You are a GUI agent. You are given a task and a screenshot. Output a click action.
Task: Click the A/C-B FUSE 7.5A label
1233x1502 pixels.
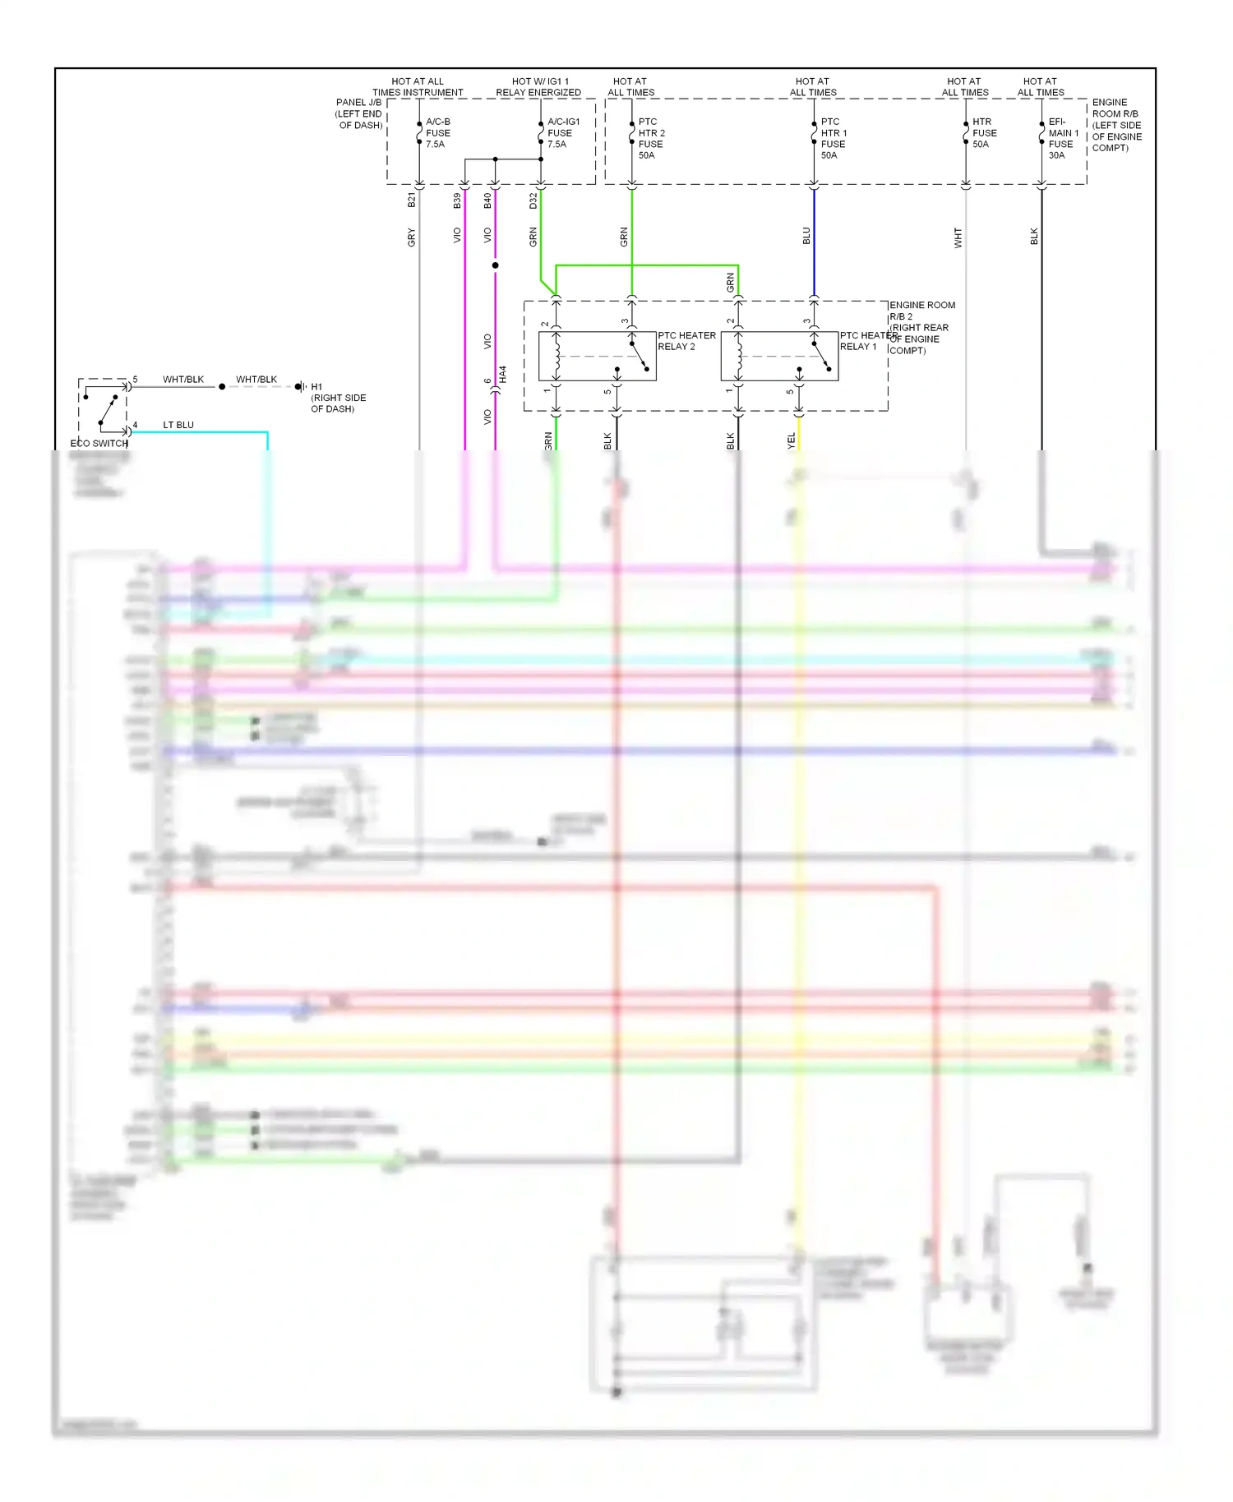click(437, 133)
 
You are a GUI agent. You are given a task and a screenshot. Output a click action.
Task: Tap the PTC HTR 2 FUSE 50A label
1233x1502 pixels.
click(651, 138)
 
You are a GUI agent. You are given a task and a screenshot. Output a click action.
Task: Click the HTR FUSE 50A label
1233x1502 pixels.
click(984, 133)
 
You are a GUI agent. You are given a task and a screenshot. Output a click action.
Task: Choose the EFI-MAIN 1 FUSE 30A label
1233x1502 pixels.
click(1062, 138)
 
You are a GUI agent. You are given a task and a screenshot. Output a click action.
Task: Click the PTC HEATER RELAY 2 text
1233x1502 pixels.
click(686, 341)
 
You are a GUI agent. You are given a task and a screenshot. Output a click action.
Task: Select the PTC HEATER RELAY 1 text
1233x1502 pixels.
click(867, 341)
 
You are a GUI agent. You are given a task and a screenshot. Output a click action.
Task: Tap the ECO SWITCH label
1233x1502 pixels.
click(99, 444)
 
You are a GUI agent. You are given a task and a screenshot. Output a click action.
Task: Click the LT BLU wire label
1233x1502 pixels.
click(178, 426)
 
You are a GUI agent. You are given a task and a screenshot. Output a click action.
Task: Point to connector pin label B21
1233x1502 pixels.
click(412, 200)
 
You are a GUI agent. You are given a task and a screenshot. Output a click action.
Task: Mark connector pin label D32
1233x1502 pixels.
click(533, 200)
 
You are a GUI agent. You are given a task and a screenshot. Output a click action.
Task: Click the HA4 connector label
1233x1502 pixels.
click(503, 375)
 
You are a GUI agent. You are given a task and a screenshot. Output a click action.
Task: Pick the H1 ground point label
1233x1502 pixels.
click(316, 387)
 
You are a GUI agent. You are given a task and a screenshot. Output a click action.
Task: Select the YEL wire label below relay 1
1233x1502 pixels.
click(792, 441)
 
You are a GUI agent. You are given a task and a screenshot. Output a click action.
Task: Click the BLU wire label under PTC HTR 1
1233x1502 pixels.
click(806, 237)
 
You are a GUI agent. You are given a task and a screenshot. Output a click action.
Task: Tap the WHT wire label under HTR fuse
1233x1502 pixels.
click(958, 238)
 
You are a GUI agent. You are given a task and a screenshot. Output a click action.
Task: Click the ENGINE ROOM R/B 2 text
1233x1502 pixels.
click(921, 311)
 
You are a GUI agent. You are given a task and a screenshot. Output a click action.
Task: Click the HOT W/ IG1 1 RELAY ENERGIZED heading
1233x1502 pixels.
click(538, 87)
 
